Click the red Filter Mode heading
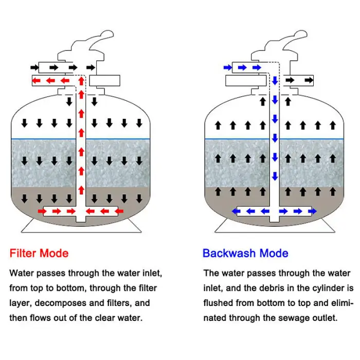(x=39, y=253)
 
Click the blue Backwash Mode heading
(x=245, y=253)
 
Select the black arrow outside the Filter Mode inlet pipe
(x=34, y=67)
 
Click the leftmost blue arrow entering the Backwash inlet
(x=228, y=67)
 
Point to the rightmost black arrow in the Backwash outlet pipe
(x=309, y=80)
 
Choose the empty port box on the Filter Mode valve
(x=105, y=81)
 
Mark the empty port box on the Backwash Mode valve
(x=246, y=81)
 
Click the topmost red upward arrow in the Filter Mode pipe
(x=81, y=81)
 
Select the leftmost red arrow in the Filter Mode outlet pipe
(x=37, y=81)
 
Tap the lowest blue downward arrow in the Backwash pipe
(x=275, y=176)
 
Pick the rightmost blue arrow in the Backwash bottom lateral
(x=312, y=211)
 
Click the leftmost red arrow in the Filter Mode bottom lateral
(x=42, y=211)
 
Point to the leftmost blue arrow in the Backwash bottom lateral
(x=236, y=211)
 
